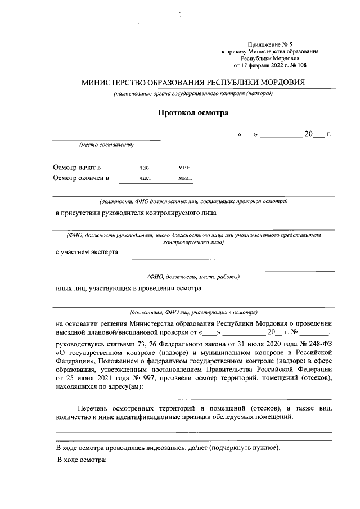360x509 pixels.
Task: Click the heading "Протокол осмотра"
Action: coord(193,113)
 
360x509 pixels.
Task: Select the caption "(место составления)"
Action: coord(106,145)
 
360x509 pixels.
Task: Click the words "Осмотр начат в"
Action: coord(77,168)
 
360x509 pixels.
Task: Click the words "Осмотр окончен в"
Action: coord(81,178)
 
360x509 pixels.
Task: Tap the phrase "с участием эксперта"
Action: coord(87,252)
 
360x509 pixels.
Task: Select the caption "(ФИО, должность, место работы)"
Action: coord(193,276)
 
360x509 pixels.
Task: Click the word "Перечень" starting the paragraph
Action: coord(93,408)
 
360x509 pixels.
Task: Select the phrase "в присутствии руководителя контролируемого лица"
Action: coord(135,213)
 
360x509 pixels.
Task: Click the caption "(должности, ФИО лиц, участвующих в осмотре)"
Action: coord(193,311)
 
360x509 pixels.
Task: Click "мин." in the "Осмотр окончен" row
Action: coord(186,178)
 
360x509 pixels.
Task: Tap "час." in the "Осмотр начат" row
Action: coord(146,168)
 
